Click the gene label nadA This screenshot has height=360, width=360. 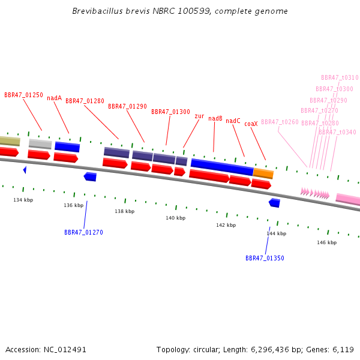(55, 98)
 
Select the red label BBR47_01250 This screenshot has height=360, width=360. (23, 95)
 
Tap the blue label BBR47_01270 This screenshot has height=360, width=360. (83, 232)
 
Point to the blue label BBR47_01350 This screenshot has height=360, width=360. (265, 258)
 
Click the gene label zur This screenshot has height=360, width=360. (199, 116)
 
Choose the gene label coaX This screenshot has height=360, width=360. (251, 124)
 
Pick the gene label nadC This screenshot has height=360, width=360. (233, 121)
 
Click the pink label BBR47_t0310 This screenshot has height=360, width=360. (340, 77)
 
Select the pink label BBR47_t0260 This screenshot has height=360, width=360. (280, 122)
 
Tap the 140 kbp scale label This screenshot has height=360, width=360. (176, 218)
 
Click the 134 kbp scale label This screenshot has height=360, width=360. (23, 200)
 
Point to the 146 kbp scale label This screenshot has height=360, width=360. (327, 242)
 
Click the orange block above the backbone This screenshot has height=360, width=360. (263, 173)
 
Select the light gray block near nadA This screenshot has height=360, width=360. (40, 144)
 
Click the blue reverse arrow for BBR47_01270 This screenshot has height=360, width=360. (90, 177)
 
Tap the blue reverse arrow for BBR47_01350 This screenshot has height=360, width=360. (275, 203)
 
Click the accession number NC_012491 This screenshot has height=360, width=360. (65, 350)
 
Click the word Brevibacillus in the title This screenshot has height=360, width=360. (98, 11)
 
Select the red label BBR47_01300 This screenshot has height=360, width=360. (170, 112)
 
